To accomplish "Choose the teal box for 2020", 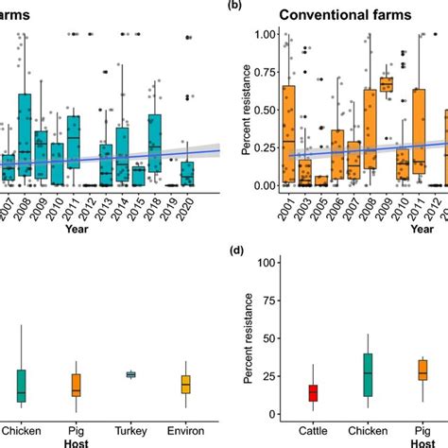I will tap(187, 174).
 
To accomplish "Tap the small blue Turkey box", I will tap(130, 375).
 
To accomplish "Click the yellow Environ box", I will tap(186, 385).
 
